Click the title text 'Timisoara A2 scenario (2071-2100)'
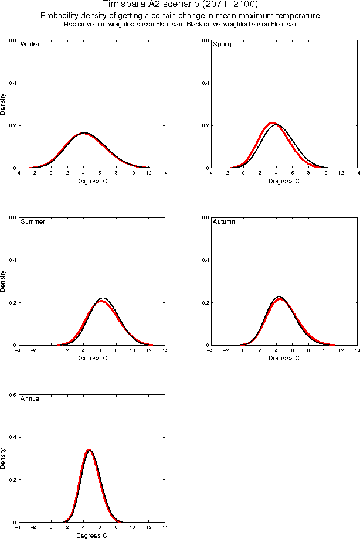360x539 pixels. point(180,5)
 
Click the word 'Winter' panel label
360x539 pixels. point(30,45)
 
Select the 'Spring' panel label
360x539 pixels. point(222,45)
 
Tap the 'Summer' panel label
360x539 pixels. point(33,222)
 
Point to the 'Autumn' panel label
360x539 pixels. point(223,222)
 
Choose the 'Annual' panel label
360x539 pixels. point(30,399)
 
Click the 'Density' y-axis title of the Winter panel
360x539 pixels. point(4,104)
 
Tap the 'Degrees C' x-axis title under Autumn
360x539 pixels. point(284,358)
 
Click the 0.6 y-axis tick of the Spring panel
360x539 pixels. point(205,40)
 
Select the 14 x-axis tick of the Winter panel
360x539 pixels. point(165,173)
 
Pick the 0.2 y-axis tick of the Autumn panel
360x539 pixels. point(205,303)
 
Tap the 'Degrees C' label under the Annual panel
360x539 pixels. point(92,535)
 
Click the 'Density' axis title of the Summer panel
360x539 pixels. point(4,281)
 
